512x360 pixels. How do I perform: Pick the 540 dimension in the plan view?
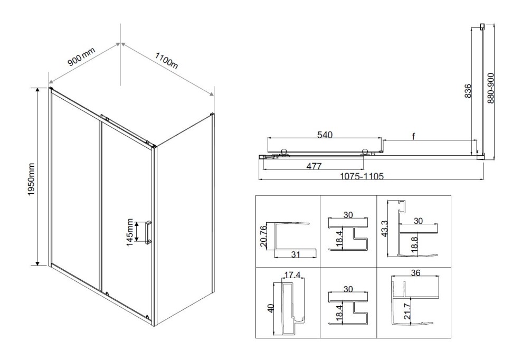(x=324, y=135)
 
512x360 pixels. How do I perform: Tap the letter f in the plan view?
(x=414, y=137)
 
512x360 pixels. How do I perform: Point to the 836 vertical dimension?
(x=468, y=92)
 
